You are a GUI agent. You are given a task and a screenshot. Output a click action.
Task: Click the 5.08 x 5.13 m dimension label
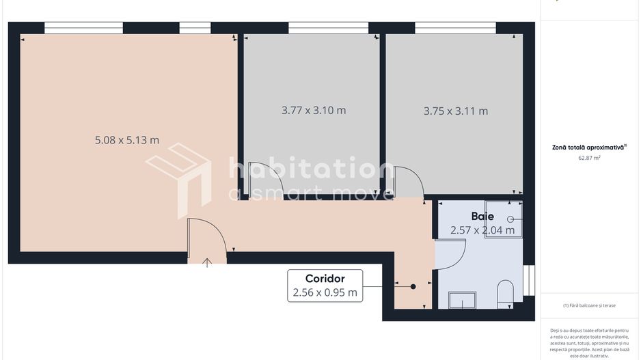click(x=126, y=140)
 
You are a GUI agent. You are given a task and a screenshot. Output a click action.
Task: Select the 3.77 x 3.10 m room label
click(x=314, y=110)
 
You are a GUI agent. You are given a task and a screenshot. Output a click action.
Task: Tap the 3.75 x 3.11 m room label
click(x=455, y=111)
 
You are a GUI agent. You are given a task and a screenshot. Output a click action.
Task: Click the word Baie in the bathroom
click(x=482, y=216)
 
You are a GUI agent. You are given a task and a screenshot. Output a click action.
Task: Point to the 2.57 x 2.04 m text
click(x=482, y=230)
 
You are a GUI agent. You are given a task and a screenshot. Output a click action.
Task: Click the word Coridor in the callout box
click(x=325, y=279)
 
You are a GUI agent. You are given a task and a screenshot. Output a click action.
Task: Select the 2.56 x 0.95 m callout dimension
click(x=325, y=293)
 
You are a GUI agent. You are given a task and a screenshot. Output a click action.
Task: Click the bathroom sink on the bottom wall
click(x=462, y=301)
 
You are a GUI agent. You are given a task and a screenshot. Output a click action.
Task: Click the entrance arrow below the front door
click(x=208, y=262)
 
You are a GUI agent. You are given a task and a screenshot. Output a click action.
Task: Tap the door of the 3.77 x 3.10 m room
click(x=410, y=183)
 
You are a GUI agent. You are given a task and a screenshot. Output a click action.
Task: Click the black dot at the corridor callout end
click(x=413, y=287)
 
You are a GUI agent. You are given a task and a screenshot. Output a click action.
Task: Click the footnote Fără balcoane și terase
click(x=589, y=305)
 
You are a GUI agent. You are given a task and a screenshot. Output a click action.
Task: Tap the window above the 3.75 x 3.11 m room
click(x=455, y=28)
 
